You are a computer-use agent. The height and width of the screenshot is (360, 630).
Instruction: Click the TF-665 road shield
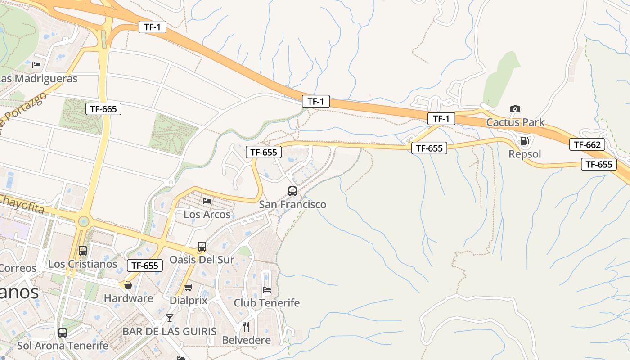click(103, 109)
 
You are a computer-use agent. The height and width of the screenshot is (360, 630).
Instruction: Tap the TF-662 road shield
click(587, 144)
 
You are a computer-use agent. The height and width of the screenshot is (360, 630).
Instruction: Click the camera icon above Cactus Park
click(515, 109)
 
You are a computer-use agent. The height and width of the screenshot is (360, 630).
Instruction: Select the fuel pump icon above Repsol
click(524, 141)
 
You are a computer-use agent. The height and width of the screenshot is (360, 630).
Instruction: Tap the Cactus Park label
click(515, 122)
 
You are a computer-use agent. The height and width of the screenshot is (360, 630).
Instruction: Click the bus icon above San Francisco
click(292, 191)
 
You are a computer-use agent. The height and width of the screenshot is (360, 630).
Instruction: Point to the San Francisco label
click(292, 205)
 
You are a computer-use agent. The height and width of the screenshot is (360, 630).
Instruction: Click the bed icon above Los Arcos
click(207, 201)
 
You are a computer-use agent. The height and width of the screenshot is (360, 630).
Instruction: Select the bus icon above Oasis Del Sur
click(202, 247)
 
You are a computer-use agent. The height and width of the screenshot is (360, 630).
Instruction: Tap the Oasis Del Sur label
click(202, 260)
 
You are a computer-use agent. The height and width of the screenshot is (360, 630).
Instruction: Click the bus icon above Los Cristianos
click(83, 251)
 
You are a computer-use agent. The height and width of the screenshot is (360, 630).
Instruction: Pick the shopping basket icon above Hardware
click(128, 285)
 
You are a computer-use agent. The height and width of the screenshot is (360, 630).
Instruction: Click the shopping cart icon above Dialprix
click(189, 287)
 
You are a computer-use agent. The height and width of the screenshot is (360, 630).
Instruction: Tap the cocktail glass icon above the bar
click(169, 318)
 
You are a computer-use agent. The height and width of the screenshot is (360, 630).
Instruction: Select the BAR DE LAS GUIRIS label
click(169, 332)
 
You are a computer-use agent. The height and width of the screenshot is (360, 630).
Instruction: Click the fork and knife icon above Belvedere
click(246, 327)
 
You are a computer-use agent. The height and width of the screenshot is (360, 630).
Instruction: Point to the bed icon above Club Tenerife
click(267, 289)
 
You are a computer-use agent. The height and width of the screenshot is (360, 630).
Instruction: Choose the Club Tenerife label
click(266, 303)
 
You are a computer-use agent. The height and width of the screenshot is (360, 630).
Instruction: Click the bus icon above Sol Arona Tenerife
click(63, 333)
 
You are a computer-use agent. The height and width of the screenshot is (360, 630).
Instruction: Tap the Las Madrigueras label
click(39, 79)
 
